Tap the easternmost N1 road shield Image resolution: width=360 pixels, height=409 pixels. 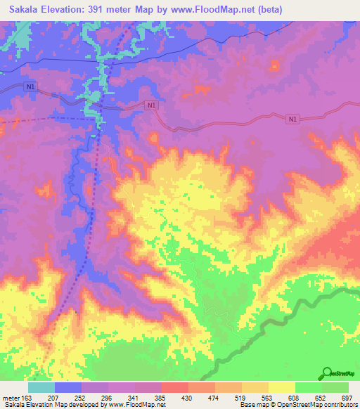click(x=292, y=120)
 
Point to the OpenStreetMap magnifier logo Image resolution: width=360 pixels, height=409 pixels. click(x=328, y=373)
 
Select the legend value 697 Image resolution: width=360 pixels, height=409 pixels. click(x=347, y=397)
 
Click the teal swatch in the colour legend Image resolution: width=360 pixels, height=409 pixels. click(x=41, y=387)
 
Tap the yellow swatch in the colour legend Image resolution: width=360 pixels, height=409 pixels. click(x=281, y=387)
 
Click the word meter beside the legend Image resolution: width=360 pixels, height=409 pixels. click(x=11, y=397)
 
